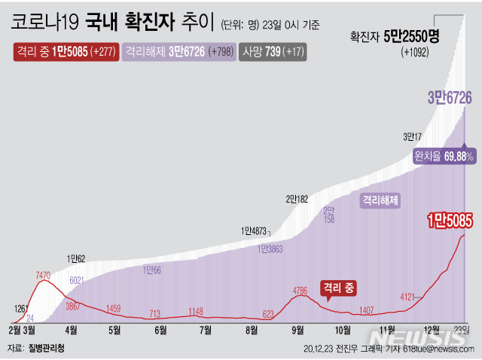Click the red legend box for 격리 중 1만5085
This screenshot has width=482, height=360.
coord(64,52)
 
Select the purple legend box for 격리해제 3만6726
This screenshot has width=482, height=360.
coord(178,52)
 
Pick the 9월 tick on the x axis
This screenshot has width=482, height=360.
coord(297,330)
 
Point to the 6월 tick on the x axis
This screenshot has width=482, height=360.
coord(160,330)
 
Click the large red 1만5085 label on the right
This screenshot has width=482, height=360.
coord(449,221)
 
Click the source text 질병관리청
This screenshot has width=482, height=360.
coord(47,349)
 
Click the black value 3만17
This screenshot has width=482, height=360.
coord(413,136)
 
